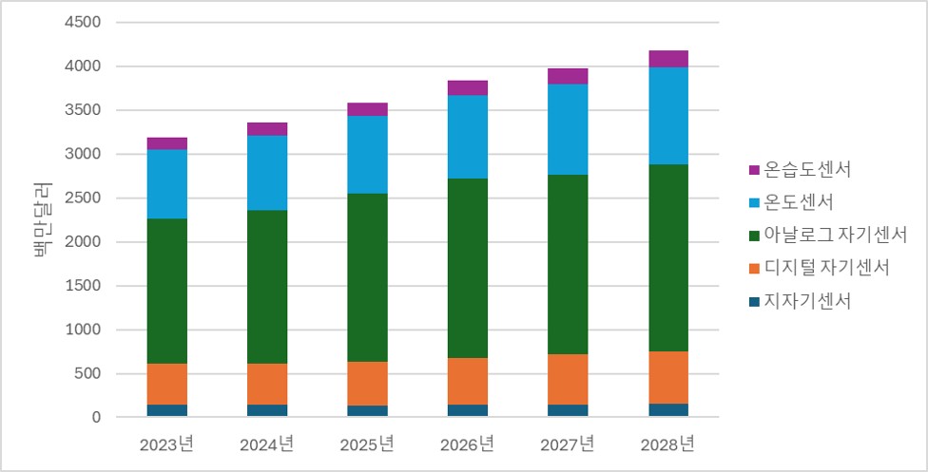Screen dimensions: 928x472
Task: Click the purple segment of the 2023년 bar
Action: pyautogui.click(x=167, y=143)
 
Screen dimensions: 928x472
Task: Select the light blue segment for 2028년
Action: pyautogui.click(x=668, y=116)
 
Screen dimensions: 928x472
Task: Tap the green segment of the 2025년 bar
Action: pyautogui.click(x=368, y=277)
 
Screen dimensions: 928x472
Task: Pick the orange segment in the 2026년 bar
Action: pyautogui.click(x=468, y=381)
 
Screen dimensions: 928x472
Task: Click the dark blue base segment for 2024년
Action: pyautogui.click(x=267, y=410)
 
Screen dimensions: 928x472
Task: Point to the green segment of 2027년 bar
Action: pyautogui.click(x=568, y=264)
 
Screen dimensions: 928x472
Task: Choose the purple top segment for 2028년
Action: pyautogui.click(x=668, y=59)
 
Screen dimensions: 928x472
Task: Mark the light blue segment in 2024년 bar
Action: pyautogui.click(x=267, y=173)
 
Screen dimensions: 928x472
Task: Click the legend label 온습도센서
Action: pyautogui.click(x=806, y=170)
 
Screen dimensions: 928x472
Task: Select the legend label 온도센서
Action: pyautogui.click(x=798, y=202)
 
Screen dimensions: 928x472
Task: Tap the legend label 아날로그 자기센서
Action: pyautogui.click(x=835, y=235)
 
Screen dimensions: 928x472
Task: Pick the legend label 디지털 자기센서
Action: pyautogui.click(x=826, y=268)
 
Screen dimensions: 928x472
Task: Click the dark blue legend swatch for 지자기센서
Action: pyautogui.click(x=753, y=301)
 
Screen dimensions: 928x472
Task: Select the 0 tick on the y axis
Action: pyautogui.click(x=97, y=418)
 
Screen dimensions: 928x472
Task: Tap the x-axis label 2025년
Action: pyautogui.click(x=367, y=444)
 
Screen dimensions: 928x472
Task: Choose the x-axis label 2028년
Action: pyautogui.click(x=667, y=444)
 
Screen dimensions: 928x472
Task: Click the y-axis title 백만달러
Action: pyautogui.click(x=42, y=219)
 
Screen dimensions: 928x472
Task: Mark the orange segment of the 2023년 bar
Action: pyautogui.click(x=167, y=384)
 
